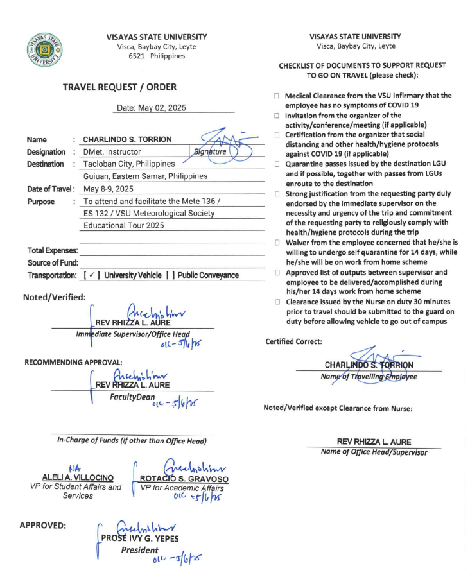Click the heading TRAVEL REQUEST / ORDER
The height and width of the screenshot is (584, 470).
coord(119,87)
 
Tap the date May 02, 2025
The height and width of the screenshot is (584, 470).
coord(152,108)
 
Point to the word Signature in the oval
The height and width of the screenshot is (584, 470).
coord(210,151)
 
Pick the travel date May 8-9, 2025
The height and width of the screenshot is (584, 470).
coord(109,189)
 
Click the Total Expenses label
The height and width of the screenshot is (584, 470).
coord(53,250)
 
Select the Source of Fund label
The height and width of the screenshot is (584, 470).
coord(53,262)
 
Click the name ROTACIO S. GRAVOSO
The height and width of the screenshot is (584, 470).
coord(184,478)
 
